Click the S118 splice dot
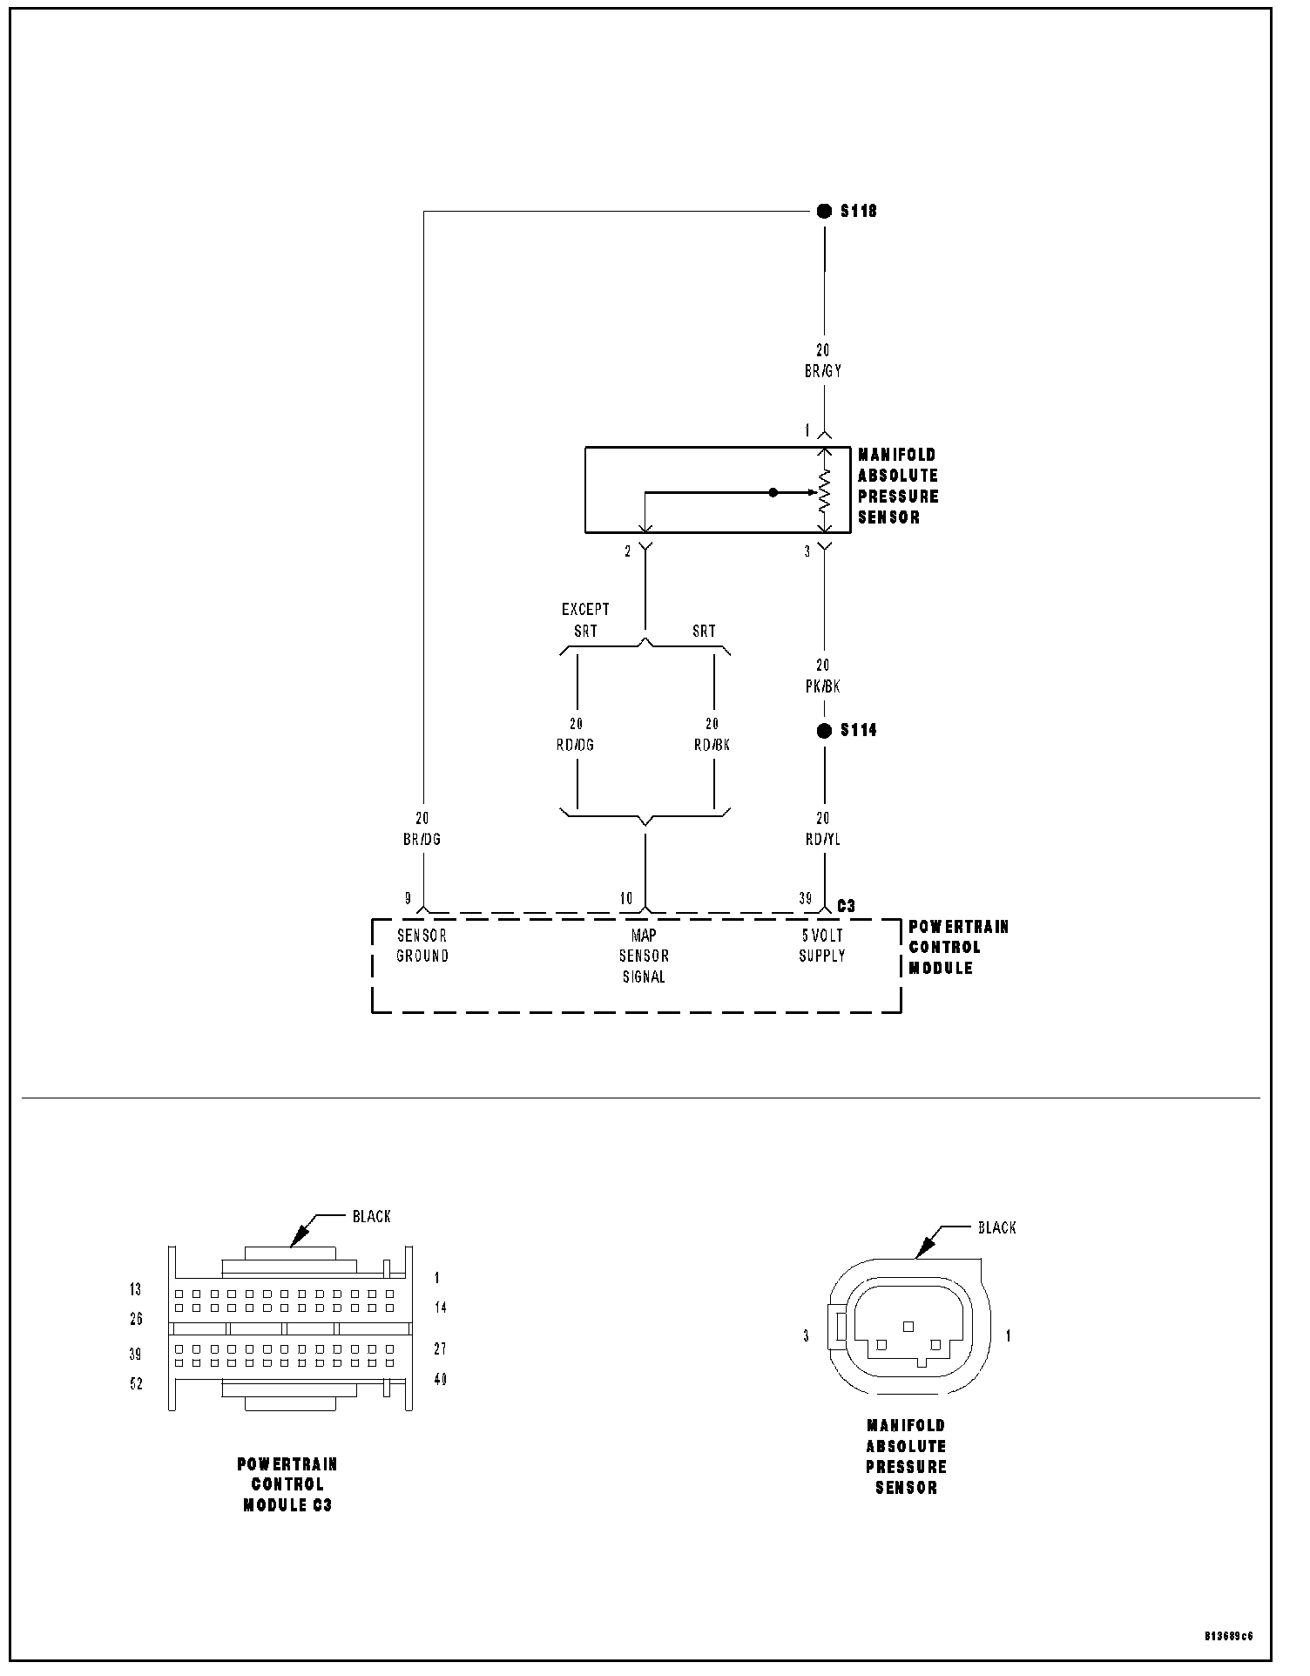(x=824, y=211)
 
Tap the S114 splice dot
(x=824, y=730)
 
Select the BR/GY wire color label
(x=823, y=371)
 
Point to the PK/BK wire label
(x=823, y=686)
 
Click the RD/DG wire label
(x=576, y=745)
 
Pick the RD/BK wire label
(x=712, y=745)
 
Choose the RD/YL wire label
(x=823, y=839)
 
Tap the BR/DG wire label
(x=422, y=839)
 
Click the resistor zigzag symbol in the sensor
(x=824, y=492)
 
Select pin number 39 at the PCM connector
(x=806, y=898)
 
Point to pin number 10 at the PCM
(x=626, y=898)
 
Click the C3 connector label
(x=846, y=906)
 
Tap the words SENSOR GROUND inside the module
(x=422, y=945)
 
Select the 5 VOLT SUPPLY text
(x=822, y=945)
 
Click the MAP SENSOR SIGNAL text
(x=644, y=956)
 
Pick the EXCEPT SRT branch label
(x=585, y=620)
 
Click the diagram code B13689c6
(x=1229, y=1636)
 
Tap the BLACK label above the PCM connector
(x=372, y=1216)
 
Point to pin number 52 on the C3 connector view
(x=136, y=1384)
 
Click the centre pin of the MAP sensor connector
(x=908, y=1326)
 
